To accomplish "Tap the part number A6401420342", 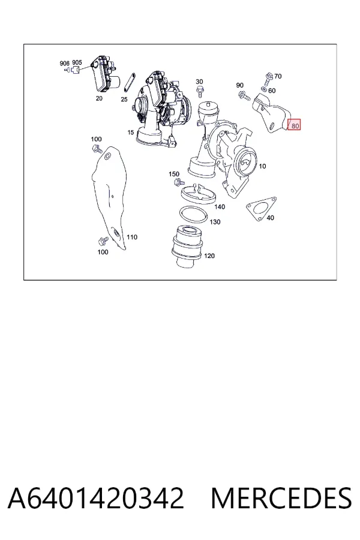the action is [96, 498].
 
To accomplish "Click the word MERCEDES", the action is [281, 498].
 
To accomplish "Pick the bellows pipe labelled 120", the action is [187, 246].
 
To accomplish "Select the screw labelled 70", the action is [268, 79].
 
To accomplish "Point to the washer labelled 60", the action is [264, 89].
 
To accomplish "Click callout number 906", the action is [64, 64].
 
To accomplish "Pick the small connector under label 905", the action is [76, 70].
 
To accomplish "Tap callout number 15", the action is [130, 132].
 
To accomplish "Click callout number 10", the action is [262, 166].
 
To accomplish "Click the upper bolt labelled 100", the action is [97, 149].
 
